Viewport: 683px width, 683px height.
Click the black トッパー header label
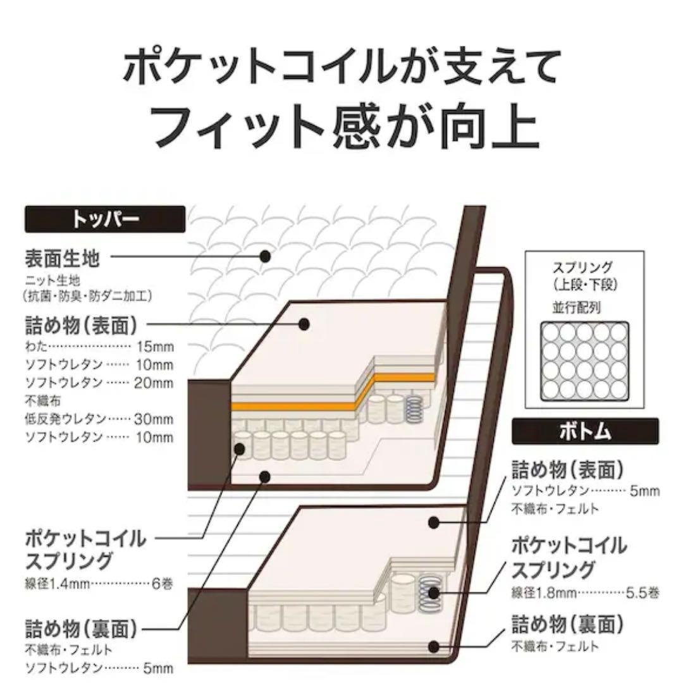tap(105, 219)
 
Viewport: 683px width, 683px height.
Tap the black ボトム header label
tap(585, 431)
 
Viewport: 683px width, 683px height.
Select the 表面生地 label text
tap(62, 259)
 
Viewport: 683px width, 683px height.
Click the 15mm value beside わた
tap(155, 347)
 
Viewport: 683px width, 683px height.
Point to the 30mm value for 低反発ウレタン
tap(154, 419)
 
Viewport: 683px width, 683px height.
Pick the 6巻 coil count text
tap(163, 583)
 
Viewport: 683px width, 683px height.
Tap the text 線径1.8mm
tap(544, 593)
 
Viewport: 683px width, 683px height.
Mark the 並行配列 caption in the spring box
tap(576, 307)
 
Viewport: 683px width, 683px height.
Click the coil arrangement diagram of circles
tap(584, 361)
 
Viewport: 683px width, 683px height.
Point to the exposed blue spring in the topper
tap(414, 409)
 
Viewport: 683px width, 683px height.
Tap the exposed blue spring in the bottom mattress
tap(429, 593)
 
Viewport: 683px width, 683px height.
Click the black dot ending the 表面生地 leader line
tap(265, 256)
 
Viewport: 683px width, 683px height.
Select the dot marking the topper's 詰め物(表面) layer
tap(304, 324)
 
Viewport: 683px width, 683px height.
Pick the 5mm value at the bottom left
tap(158, 668)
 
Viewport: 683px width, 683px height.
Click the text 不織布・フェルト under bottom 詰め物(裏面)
tap(555, 646)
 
